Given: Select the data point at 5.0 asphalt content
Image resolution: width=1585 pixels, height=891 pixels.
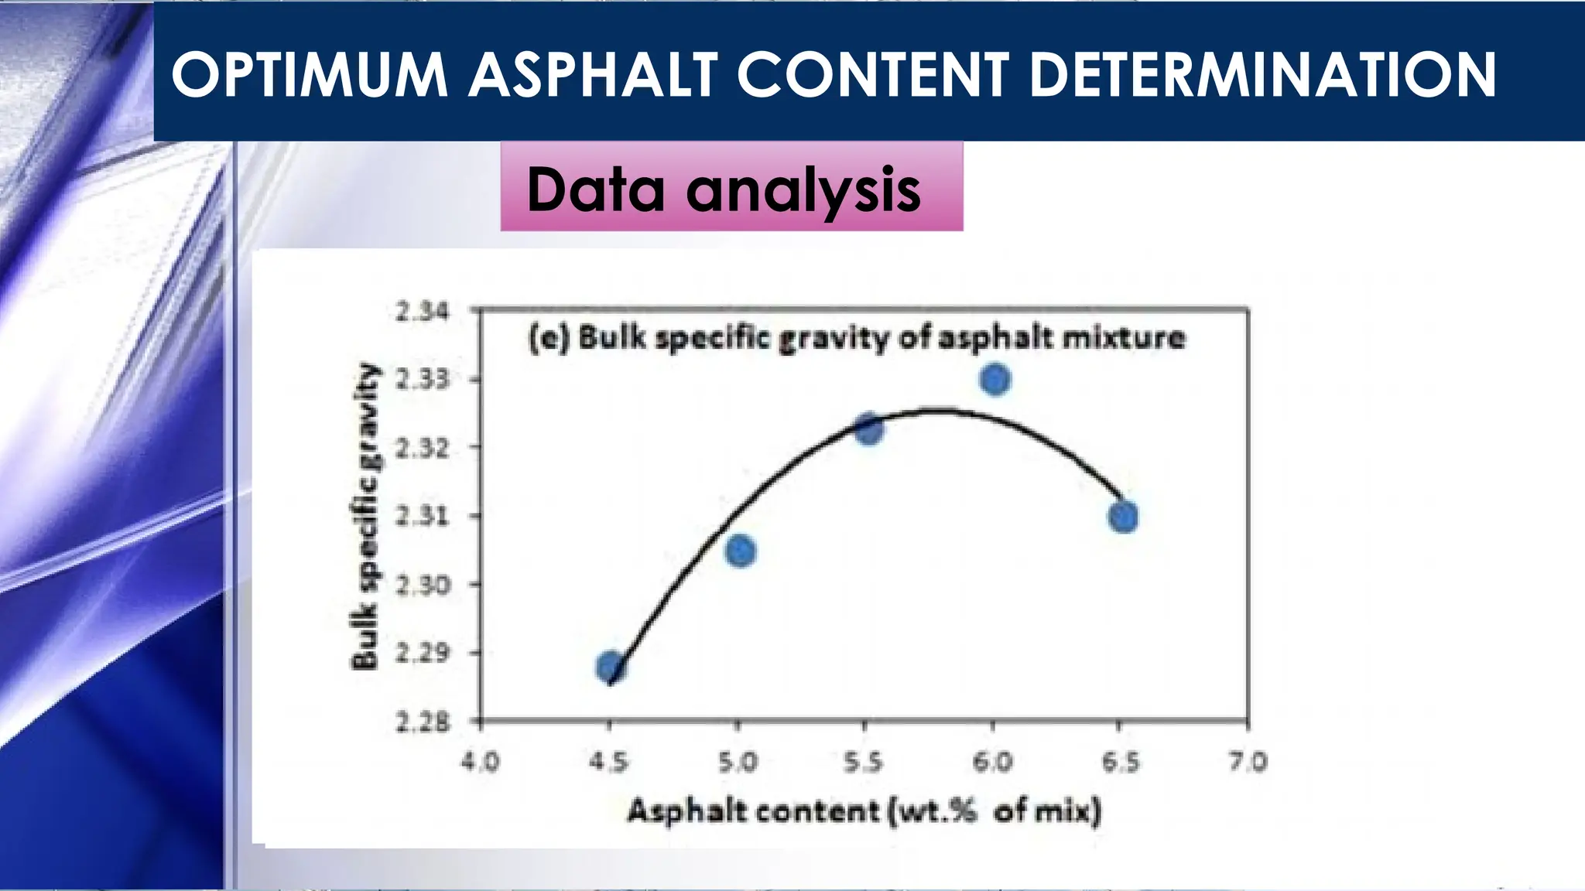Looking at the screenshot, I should coord(741,551).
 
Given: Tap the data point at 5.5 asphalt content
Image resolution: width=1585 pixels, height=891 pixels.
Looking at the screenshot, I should coord(869,429).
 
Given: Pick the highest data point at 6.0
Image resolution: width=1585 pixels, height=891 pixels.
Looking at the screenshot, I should coord(995,380).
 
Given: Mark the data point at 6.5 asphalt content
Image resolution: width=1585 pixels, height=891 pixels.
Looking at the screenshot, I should coord(1123,517).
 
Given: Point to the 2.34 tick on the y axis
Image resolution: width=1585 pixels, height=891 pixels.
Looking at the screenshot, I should coord(422,312).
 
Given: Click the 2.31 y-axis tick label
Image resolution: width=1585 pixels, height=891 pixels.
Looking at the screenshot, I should coord(422,515).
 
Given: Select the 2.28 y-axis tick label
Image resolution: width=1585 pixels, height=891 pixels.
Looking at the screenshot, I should coord(422,723).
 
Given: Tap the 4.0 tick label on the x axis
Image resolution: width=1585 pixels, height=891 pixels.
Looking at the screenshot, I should coord(481,763).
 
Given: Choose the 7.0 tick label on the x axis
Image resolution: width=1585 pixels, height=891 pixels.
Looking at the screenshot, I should coord(1248,763).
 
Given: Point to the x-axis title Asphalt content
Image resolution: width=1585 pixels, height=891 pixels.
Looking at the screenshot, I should coord(863,811).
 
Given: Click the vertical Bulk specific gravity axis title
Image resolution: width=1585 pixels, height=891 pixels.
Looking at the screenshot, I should coord(365,517).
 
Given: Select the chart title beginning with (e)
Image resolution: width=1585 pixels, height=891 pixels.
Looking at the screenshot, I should coord(856,339).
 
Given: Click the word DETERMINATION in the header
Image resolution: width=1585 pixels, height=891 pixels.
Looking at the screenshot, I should coord(1263,75).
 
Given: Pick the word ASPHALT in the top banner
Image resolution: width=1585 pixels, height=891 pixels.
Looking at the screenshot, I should coord(592,75).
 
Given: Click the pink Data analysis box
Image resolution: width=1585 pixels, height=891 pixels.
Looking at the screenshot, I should coord(731,187).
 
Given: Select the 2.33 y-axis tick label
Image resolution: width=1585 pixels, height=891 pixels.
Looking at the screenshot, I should coord(422,379).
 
